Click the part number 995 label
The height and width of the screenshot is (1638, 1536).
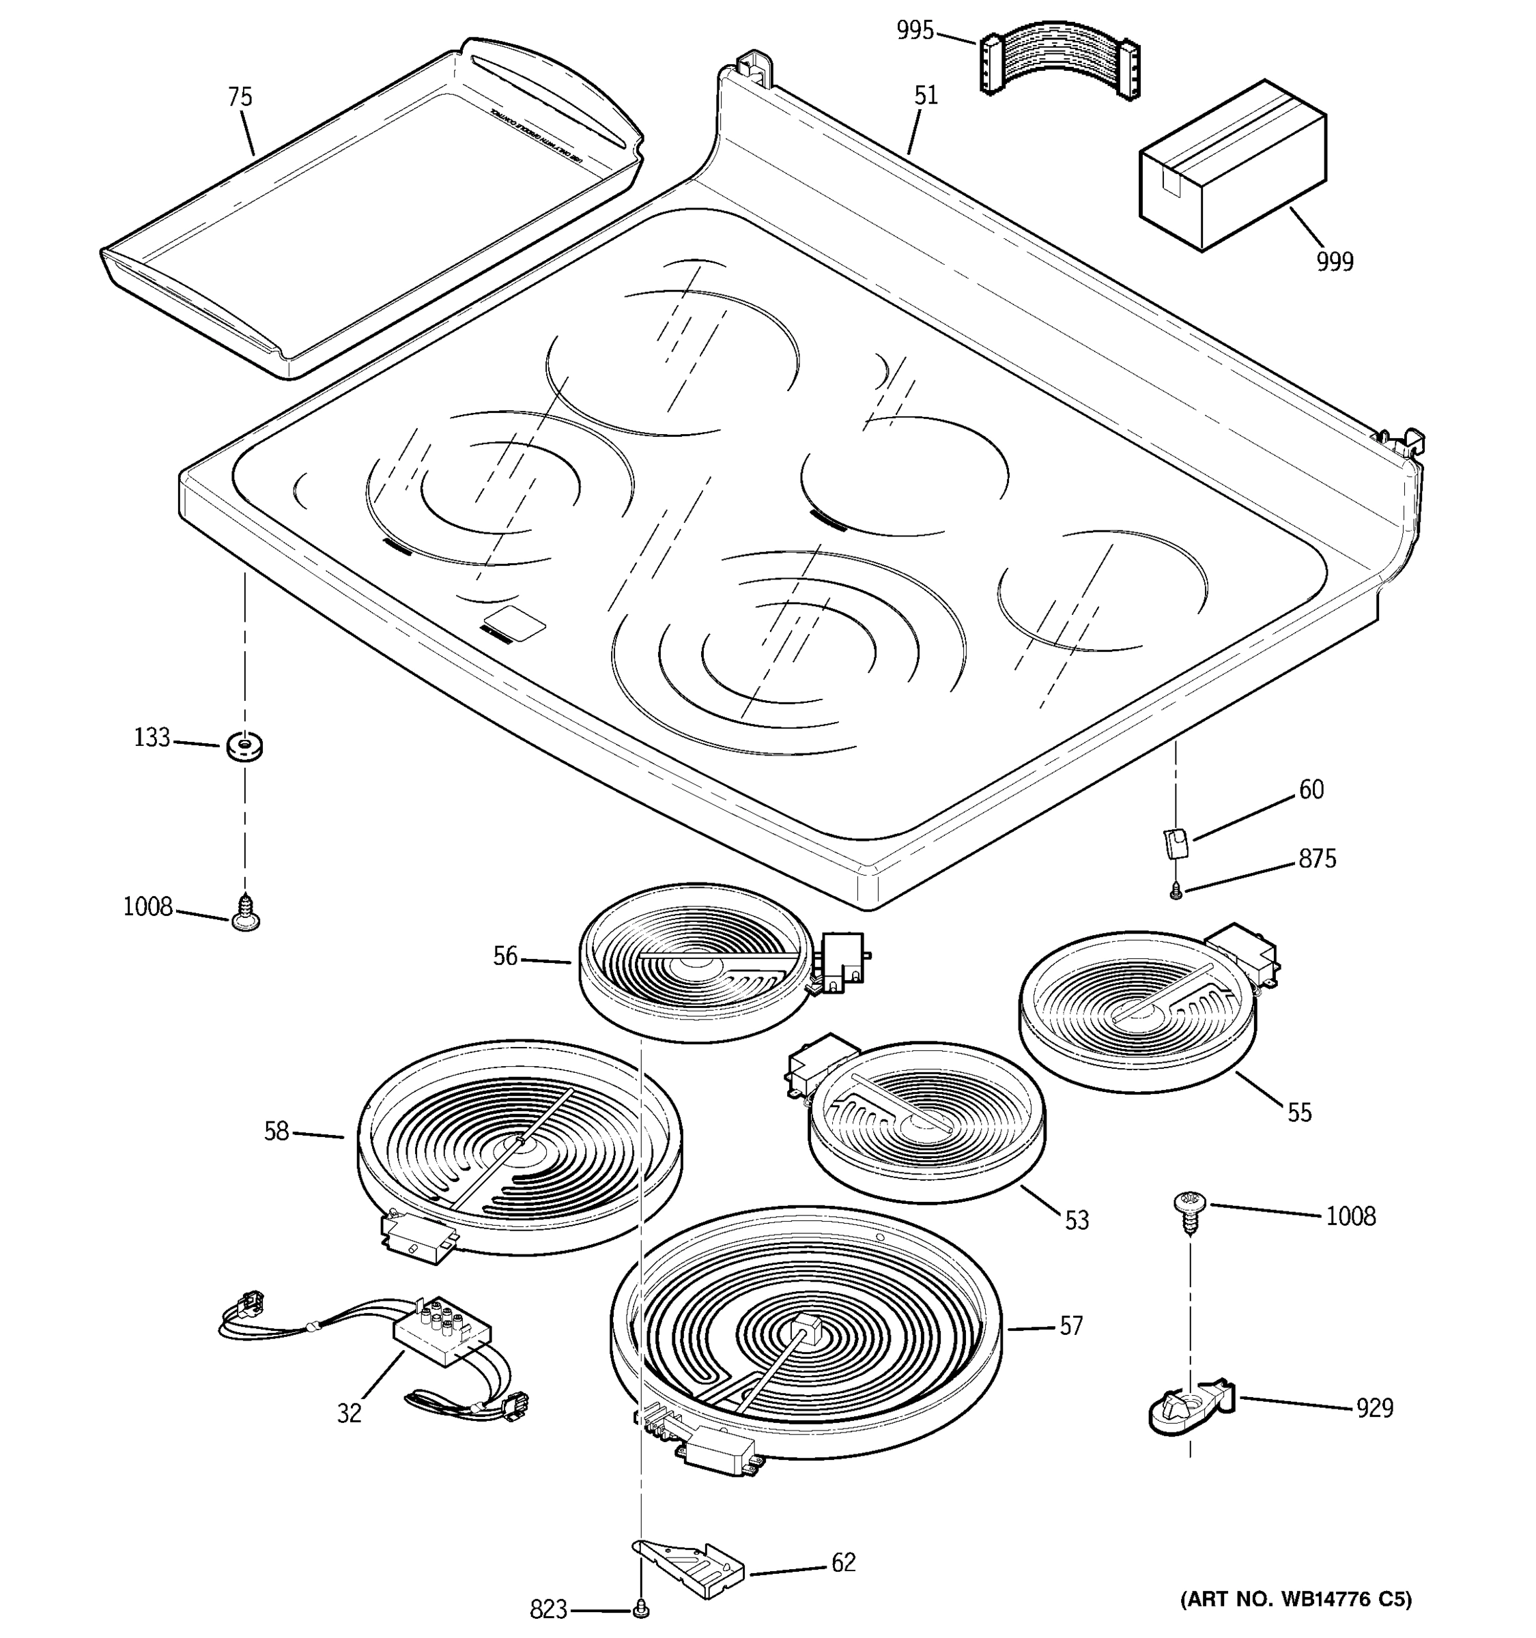[x=915, y=31]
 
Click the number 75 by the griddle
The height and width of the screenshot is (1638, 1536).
[x=239, y=97]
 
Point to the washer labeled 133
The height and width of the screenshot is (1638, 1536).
[x=244, y=747]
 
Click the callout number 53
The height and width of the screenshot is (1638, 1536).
[x=1076, y=1220]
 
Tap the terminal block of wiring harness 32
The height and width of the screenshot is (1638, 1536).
[x=441, y=1332]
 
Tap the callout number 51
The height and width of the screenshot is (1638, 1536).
[x=926, y=96]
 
